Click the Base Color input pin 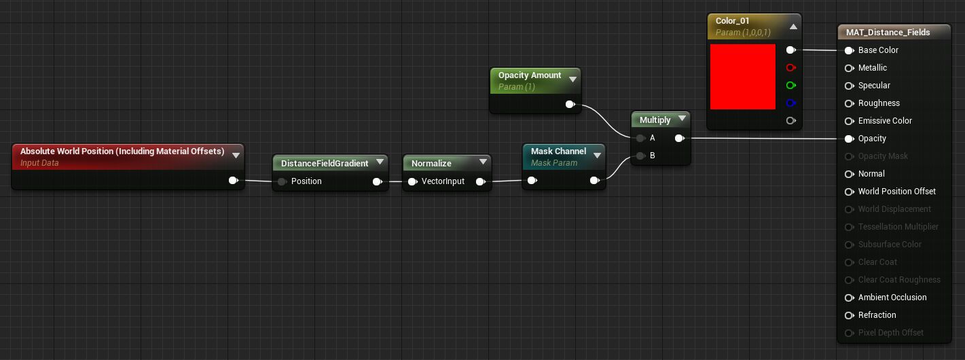849,50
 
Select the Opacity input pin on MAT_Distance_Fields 849,139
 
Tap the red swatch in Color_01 743,77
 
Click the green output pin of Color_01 791,86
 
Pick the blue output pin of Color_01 791,103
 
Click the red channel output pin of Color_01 791,68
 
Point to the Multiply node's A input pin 640,138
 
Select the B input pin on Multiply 640,156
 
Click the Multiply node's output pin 680,138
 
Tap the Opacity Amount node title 530,75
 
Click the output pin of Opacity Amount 570,105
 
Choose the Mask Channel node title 558,151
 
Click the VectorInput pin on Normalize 412,181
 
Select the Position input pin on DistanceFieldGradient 282,181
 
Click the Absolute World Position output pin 234,180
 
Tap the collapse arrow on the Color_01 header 793,26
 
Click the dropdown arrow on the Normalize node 483,162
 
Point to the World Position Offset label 897,192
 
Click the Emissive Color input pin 849,121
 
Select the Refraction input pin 849,316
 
